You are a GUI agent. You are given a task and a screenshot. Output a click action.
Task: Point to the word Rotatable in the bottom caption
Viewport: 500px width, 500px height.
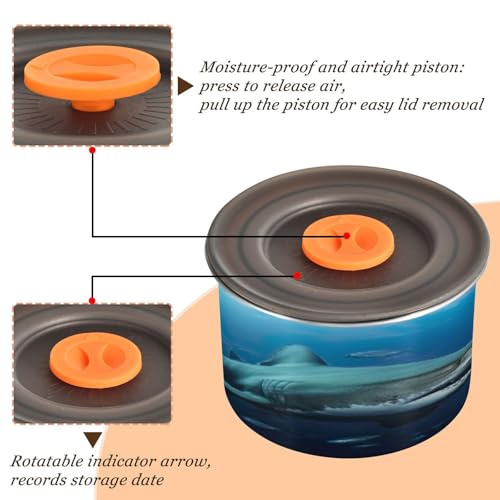[x=47, y=461]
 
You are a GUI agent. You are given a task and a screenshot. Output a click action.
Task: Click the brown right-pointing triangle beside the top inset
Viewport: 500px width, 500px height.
[x=185, y=86]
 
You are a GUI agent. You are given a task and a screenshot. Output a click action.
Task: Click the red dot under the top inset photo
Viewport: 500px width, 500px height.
[x=93, y=150]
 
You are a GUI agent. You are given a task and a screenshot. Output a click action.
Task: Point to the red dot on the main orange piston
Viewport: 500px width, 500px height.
[x=347, y=236]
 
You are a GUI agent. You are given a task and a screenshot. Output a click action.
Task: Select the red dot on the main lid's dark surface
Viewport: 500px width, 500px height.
[x=297, y=276]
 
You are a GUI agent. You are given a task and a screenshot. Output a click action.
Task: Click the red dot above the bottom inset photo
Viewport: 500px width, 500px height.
[x=92, y=301]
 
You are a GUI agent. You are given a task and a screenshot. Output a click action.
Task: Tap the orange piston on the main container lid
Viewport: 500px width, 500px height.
[x=348, y=242]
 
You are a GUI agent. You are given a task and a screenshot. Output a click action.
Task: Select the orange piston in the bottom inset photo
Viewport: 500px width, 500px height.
[x=96, y=360]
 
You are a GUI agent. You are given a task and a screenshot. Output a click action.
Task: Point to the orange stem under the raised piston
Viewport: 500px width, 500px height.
[x=93, y=105]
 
